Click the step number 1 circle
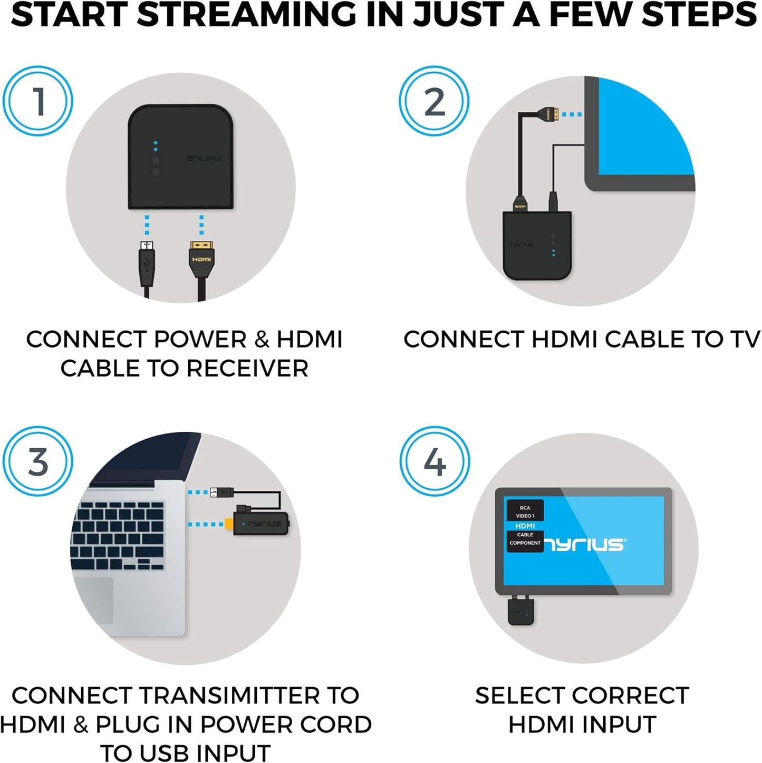[38, 101]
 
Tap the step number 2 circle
[434, 101]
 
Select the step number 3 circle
[38, 461]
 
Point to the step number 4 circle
[434, 461]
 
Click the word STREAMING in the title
[246, 15]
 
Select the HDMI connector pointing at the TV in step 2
[549, 113]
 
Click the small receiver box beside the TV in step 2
[537, 245]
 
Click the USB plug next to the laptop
[221, 492]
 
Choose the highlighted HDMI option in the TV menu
[525, 526]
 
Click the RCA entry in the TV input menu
[525, 508]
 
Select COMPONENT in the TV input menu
[525, 543]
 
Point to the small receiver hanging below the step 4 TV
[520, 612]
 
